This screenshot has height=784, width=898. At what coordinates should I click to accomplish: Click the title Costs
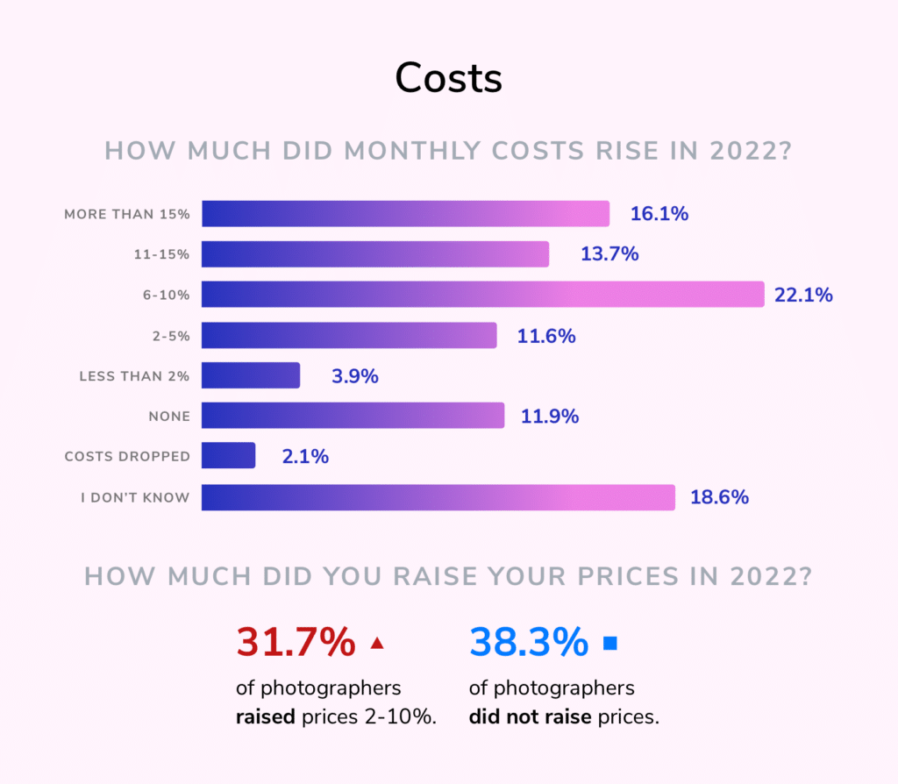(448, 78)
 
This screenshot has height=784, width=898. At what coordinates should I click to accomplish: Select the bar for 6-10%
(482, 295)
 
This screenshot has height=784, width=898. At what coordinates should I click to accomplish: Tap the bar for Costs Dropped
(228, 456)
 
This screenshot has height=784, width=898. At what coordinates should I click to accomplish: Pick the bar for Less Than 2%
(251, 375)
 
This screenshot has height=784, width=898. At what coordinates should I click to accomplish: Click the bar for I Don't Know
(438, 497)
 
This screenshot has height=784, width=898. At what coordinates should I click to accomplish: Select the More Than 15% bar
(405, 214)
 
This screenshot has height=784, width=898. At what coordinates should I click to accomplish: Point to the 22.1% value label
(803, 296)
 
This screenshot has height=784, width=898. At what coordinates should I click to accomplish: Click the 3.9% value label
(354, 376)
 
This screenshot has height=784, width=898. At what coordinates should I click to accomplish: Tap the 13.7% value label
(609, 254)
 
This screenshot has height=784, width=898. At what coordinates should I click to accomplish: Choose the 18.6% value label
(719, 497)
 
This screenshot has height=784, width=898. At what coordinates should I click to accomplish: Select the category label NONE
(169, 417)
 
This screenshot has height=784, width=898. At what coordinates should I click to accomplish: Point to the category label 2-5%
(172, 336)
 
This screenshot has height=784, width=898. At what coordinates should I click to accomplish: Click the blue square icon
(610, 644)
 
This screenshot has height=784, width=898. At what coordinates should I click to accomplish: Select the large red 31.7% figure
(296, 643)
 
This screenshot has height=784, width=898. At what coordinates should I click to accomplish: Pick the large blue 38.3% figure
(529, 643)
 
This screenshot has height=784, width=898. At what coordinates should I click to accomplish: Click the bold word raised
(266, 716)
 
